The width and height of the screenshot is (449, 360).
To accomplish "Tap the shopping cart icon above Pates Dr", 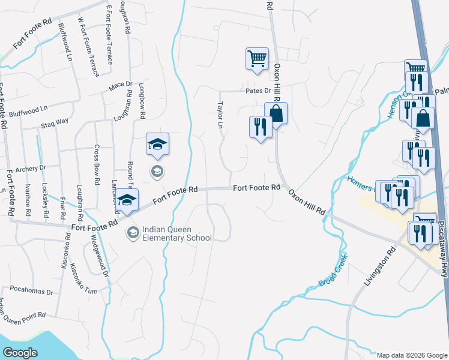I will (x=257, y=60).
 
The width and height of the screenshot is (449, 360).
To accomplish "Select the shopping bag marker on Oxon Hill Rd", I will (x=276, y=113).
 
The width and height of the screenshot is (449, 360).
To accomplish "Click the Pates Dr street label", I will (x=259, y=91).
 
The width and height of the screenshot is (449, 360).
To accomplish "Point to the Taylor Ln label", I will (x=220, y=115).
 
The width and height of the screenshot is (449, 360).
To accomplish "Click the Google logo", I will (x=20, y=352).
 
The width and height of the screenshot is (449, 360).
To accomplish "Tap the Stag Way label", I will (x=55, y=121).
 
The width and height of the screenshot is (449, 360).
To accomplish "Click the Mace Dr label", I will (x=120, y=86).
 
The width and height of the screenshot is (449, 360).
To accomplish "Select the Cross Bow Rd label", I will (x=97, y=164).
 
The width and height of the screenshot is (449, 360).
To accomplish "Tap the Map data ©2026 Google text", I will (x=411, y=355).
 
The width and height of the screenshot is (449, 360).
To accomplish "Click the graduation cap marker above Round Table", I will (x=157, y=145).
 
